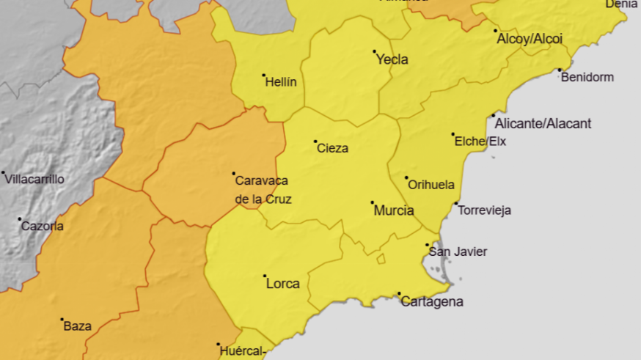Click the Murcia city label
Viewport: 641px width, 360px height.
point(394,211)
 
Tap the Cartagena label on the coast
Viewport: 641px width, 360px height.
point(432,301)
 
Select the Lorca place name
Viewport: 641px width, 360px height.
point(282,284)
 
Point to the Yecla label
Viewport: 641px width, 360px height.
point(392,60)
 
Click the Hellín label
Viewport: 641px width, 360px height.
point(281,82)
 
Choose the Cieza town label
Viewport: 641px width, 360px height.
point(332,148)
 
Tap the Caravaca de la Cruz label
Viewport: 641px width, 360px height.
point(262,189)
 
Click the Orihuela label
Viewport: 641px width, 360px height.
point(431,185)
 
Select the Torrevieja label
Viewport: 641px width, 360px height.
point(484,210)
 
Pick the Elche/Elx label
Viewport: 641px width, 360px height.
point(480,142)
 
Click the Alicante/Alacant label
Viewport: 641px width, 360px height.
point(543,124)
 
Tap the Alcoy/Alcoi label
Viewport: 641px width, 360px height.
point(524,39)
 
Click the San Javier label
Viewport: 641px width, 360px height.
point(458,251)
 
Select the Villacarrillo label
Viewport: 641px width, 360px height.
point(34,179)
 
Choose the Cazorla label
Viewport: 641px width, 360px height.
point(42,226)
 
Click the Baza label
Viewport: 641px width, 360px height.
point(78,326)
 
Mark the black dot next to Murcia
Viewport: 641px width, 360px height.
point(372,202)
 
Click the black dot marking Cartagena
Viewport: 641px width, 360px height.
point(399,294)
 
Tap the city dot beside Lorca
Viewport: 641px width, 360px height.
point(265,276)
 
